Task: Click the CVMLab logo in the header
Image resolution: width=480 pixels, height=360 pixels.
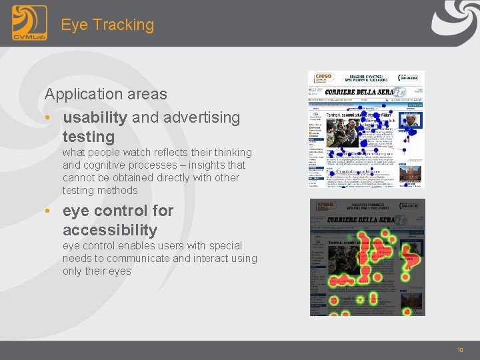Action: [x=29, y=23]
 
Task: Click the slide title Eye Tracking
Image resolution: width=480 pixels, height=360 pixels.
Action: [x=107, y=25]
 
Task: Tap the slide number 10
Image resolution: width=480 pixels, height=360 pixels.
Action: [x=460, y=350]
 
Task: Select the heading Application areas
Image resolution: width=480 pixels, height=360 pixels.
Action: [x=105, y=94]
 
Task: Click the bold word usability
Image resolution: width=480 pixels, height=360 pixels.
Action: [x=95, y=117]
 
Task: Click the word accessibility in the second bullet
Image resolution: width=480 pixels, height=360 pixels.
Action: [x=110, y=231]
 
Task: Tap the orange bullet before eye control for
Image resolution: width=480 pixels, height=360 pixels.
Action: [x=48, y=211]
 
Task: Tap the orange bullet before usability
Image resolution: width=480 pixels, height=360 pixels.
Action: [x=48, y=118]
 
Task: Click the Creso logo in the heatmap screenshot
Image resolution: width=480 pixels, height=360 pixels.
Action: [x=325, y=206]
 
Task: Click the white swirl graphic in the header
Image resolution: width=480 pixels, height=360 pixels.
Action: [x=453, y=20]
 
